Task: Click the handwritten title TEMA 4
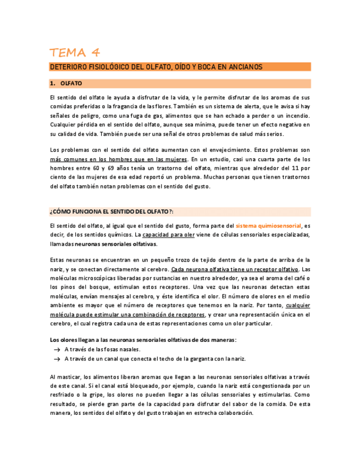[x=75, y=53]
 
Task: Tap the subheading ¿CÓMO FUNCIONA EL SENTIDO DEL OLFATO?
[x=112, y=212]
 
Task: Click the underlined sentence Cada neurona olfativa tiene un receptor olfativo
[x=235, y=269]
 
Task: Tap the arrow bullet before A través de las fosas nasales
[x=56, y=349]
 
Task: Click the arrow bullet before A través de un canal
[x=56, y=359]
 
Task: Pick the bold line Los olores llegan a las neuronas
[x=143, y=340]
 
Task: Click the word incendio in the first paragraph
[x=295, y=116]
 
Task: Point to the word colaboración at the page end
[x=230, y=413]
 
